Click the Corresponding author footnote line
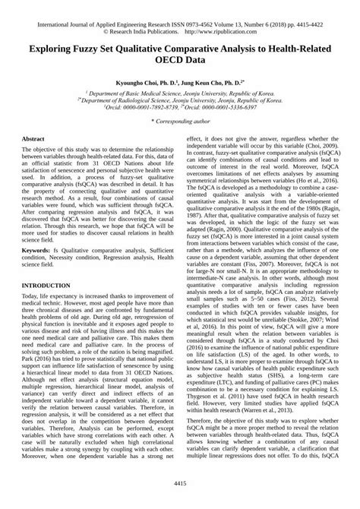pos(180,121)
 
